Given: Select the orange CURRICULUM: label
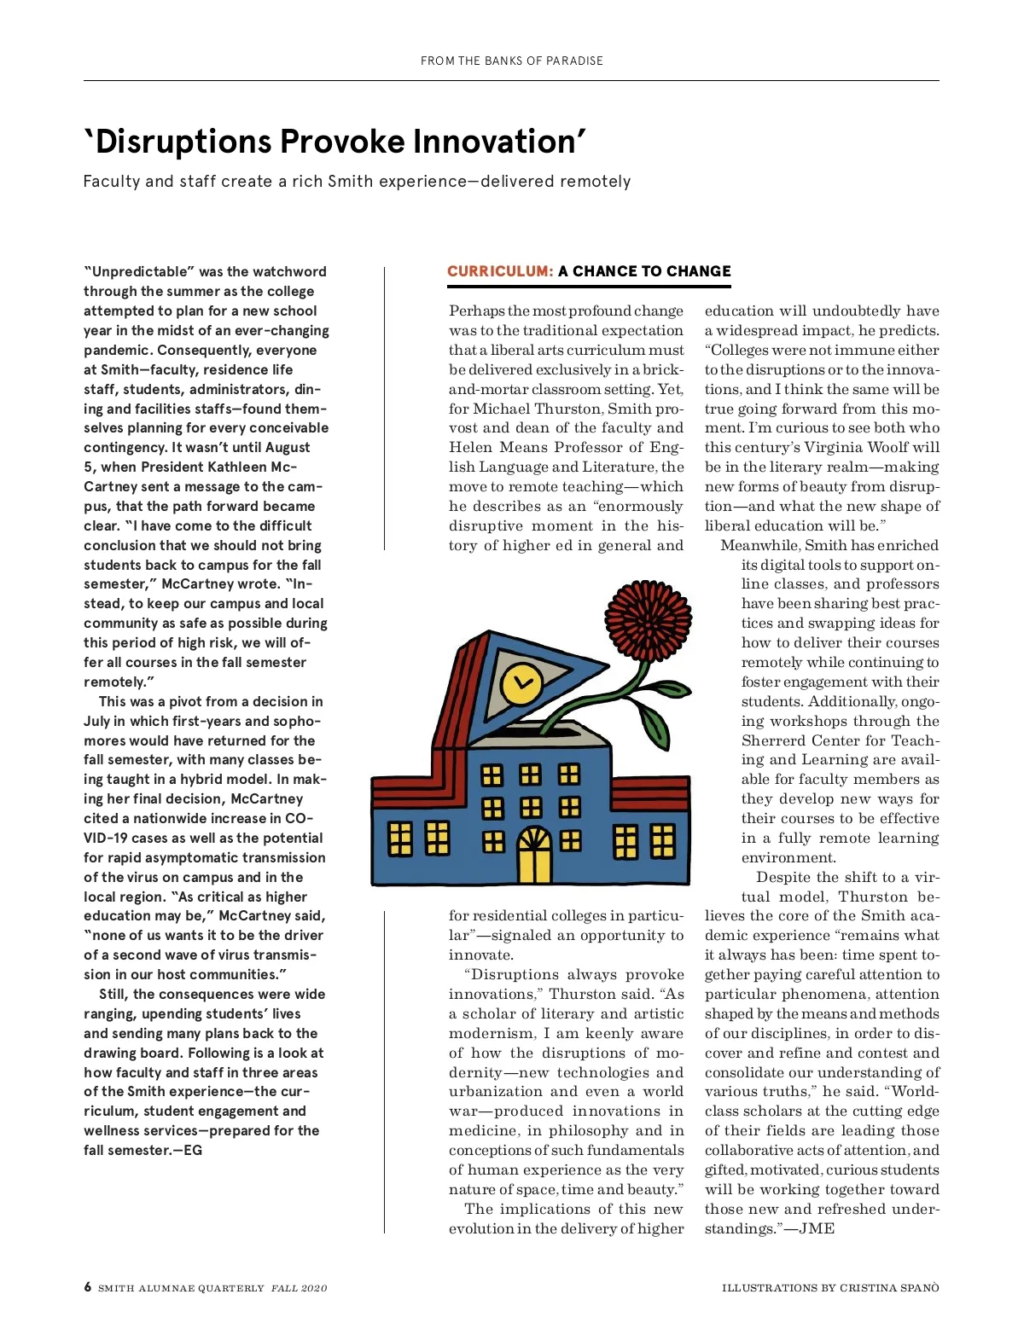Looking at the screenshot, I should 500,271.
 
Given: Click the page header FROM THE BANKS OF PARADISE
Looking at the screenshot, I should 512,61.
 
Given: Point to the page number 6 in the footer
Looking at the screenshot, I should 87,1287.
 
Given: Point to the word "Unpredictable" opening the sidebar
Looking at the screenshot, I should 140,272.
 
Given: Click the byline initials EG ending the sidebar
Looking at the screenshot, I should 193,1151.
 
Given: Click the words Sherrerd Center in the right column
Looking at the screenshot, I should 800,740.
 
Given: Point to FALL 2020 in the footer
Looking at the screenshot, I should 299,1288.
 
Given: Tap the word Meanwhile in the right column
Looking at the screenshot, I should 759,546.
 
